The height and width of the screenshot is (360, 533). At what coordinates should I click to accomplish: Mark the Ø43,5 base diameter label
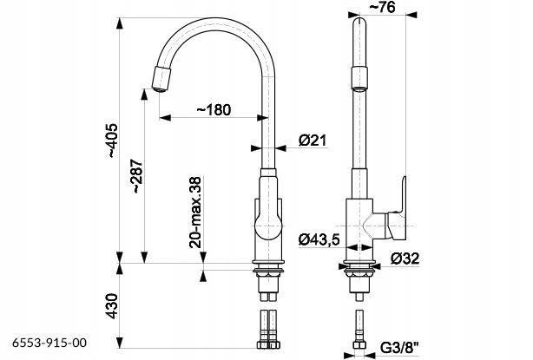319,239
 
